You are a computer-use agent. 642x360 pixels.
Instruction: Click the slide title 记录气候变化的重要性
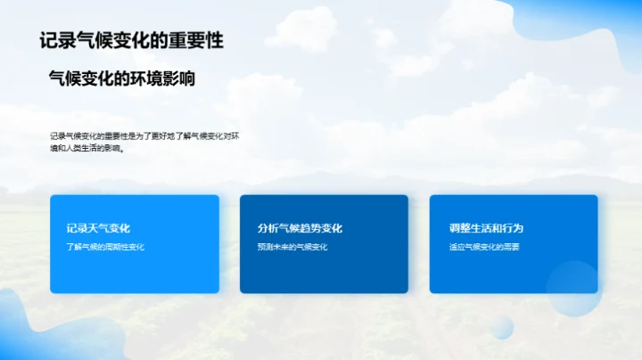[131, 40]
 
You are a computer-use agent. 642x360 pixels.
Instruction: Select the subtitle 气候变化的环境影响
[121, 78]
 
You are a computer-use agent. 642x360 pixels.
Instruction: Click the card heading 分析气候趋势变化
[300, 228]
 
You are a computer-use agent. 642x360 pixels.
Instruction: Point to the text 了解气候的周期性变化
[104, 247]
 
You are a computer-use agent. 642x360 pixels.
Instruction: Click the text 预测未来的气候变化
[292, 247]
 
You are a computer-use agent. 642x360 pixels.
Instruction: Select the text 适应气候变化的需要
[484, 247]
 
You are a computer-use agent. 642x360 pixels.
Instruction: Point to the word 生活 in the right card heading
[483, 228]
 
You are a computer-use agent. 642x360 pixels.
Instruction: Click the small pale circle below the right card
[502, 327]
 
